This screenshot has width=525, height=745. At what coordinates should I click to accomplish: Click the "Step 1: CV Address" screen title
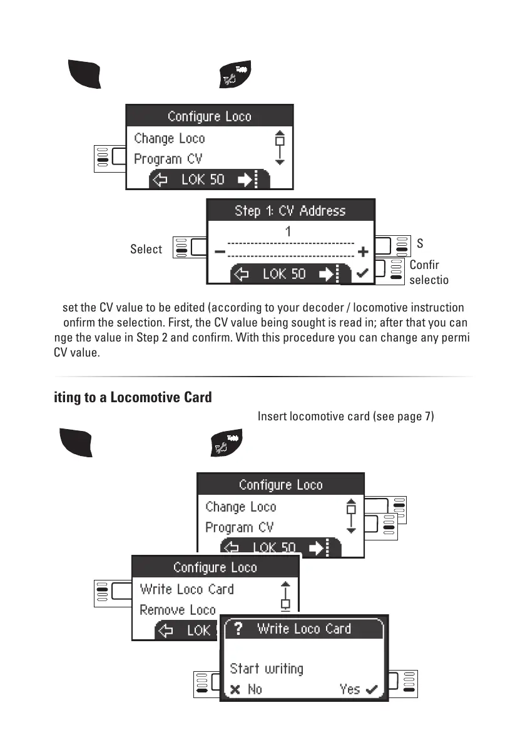(290, 211)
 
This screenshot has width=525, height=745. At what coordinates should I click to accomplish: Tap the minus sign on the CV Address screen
(220, 253)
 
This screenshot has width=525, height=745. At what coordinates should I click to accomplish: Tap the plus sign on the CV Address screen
(362, 253)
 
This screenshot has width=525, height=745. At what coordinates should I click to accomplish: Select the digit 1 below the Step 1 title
(288, 231)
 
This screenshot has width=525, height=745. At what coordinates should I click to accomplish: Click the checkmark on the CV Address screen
(361, 274)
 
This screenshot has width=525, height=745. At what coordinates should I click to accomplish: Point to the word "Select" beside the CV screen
(146, 250)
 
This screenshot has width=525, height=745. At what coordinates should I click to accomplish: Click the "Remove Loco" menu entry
(178, 610)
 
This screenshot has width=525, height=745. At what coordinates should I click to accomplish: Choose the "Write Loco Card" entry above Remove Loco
(186, 589)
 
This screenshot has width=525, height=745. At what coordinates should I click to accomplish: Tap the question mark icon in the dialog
(238, 629)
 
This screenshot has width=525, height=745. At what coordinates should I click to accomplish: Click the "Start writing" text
(267, 669)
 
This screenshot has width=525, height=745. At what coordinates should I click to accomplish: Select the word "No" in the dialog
(255, 689)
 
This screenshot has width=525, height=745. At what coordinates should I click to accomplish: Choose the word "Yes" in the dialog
(350, 689)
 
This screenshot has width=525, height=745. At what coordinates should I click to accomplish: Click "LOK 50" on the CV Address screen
(284, 274)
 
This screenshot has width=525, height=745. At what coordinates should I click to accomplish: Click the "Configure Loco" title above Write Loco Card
(215, 567)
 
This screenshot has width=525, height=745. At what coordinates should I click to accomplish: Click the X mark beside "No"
(235, 690)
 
